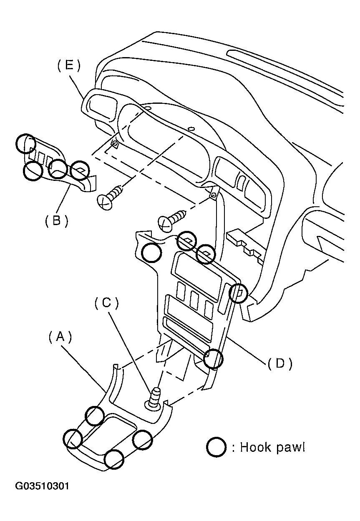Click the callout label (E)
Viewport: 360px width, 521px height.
click(69, 66)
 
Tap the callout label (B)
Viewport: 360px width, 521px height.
click(57, 220)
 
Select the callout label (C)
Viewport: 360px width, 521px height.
click(107, 303)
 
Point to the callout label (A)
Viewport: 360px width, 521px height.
click(60, 337)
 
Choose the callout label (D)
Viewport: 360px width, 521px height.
click(279, 363)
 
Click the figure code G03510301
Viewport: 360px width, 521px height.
click(42, 486)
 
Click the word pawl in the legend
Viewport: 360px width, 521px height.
click(291, 448)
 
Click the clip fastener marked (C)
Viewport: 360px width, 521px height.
click(154, 398)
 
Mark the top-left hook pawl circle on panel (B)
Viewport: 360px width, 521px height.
click(25, 143)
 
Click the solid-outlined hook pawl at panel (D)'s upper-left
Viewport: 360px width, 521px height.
click(151, 253)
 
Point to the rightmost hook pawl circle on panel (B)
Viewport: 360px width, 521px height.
click(79, 170)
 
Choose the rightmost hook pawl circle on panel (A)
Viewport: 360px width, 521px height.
click(142, 440)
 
